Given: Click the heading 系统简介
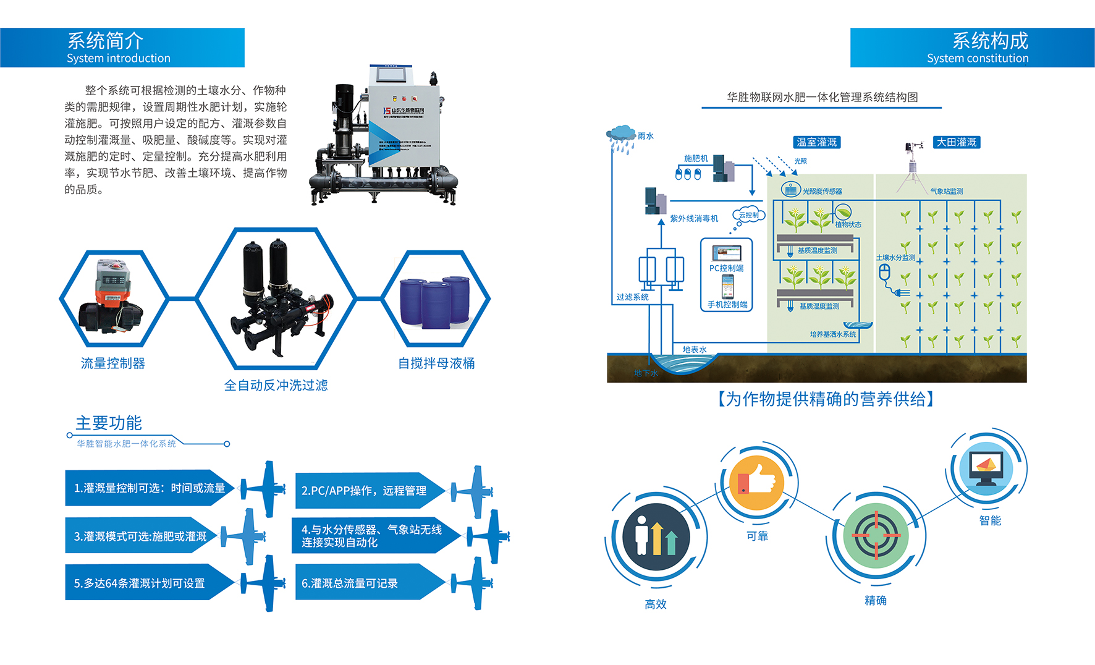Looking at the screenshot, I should (x=105, y=41).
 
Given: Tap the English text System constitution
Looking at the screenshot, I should (x=977, y=59).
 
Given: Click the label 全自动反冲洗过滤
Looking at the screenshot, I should (x=276, y=386).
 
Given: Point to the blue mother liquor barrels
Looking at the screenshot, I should (x=435, y=302).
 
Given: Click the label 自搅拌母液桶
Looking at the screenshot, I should (x=436, y=363).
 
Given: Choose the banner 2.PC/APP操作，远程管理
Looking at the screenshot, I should (x=365, y=491).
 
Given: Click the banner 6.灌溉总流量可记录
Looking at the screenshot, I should (x=350, y=583).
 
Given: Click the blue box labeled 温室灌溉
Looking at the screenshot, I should (x=816, y=142).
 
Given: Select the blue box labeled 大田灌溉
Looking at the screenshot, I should (x=956, y=142).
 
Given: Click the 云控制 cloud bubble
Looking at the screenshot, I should (x=749, y=215).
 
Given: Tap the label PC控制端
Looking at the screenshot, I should (x=726, y=268).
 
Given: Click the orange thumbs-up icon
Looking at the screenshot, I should (x=756, y=483).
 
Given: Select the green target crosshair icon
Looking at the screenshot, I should (x=876, y=535).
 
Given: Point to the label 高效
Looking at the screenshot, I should (x=655, y=604).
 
